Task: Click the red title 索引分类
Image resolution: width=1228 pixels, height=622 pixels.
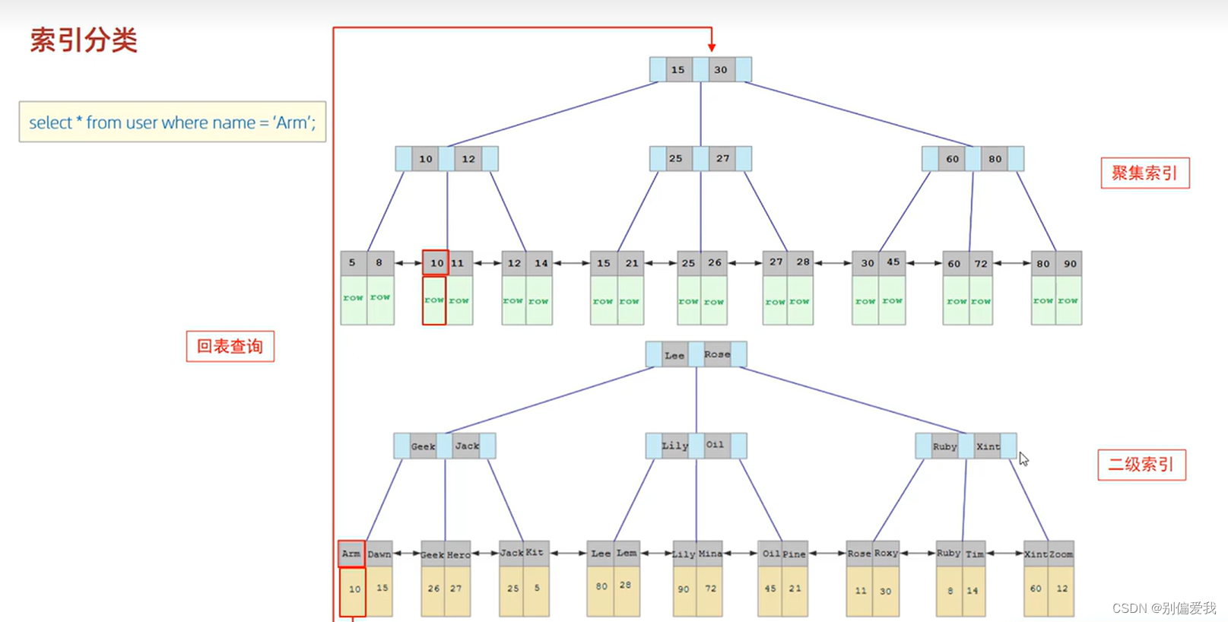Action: click(x=84, y=40)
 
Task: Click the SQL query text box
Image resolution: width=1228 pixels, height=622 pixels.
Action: click(x=173, y=122)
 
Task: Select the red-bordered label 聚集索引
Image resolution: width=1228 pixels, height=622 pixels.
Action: click(x=1144, y=173)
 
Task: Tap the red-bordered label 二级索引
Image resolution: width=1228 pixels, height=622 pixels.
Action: click(x=1141, y=465)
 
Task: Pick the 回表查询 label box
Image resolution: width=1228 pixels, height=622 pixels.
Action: click(x=230, y=346)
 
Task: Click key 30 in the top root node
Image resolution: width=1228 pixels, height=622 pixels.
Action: click(x=720, y=70)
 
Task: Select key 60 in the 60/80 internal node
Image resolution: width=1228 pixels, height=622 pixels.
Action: click(x=952, y=159)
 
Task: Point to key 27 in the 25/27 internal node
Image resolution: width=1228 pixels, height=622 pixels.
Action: click(x=722, y=158)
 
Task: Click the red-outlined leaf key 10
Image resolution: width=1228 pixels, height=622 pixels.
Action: click(x=436, y=263)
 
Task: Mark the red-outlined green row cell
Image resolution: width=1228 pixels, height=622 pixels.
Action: click(x=434, y=300)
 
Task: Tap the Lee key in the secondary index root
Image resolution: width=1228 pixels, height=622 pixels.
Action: click(x=674, y=355)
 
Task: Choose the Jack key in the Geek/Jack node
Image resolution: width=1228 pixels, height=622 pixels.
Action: click(x=467, y=446)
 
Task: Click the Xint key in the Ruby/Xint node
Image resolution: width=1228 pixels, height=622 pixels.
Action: click(x=988, y=446)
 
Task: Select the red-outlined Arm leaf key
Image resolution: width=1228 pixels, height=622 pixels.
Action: click(x=351, y=554)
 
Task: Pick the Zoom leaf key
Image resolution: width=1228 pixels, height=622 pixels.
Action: click(x=1061, y=554)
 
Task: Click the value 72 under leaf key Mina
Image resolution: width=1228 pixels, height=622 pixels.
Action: click(x=710, y=589)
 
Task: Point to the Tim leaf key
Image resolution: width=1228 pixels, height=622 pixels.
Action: click(x=975, y=554)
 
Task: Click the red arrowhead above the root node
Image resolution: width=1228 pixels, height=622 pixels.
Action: click(x=712, y=47)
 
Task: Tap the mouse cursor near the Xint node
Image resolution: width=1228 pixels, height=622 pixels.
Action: click(x=1023, y=459)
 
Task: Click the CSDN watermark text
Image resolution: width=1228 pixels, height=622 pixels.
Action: click(x=1163, y=608)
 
